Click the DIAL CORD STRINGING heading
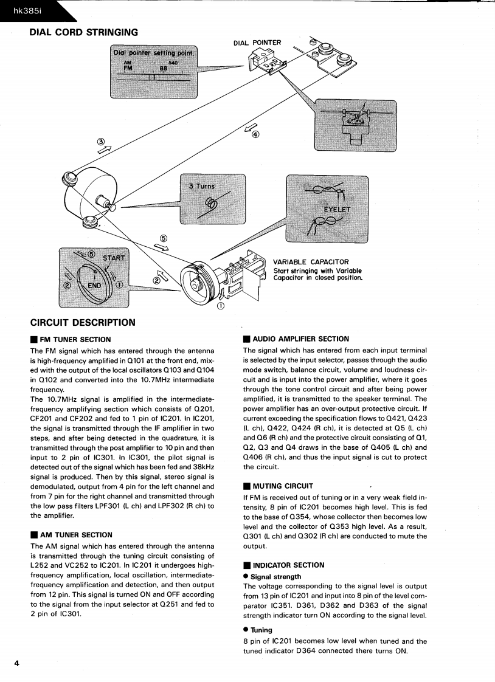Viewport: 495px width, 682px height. pos(83,32)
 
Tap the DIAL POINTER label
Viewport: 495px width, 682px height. pos(257,43)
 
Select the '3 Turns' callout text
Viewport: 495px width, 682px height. pos(201,186)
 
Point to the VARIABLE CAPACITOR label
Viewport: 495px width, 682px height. pos(311,262)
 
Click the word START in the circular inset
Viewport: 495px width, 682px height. pos(114,258)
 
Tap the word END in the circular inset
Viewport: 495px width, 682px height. pos(95,284)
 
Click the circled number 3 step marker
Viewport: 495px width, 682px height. pos(101,143)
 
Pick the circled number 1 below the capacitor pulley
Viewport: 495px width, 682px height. pos(220,306)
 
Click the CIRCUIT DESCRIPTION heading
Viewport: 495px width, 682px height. pos(83,322)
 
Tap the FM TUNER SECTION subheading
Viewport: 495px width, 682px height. pos(75,340)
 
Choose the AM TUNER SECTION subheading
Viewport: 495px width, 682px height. pos(75,535)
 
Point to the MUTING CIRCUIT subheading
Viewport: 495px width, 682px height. pos(282,486)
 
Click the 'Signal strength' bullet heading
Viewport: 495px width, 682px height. pos(275,576)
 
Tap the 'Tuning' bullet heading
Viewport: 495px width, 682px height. pos(261,630)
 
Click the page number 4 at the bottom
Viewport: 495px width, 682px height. pos(16,663)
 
